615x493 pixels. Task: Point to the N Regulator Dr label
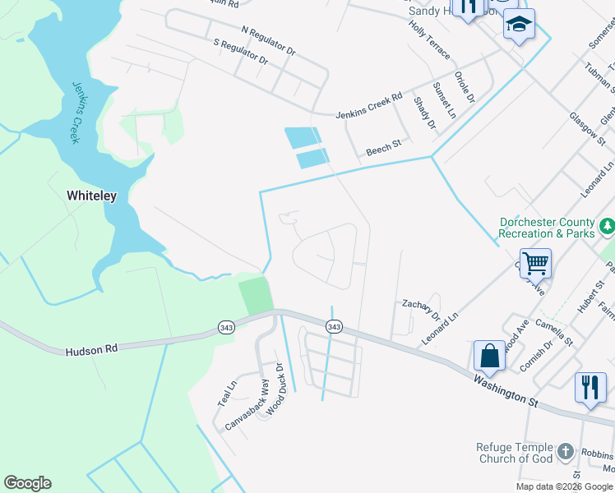(x=268, y=41)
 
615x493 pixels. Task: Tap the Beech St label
(x=383, y=147)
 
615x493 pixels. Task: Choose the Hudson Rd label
(x=91, y=348)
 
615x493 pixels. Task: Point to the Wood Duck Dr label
(x=275, y=389)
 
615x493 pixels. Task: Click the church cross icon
(x=565, y=452)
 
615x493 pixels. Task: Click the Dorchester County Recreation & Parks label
(x=547, y=228)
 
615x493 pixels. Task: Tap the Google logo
(x=27, y=483)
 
